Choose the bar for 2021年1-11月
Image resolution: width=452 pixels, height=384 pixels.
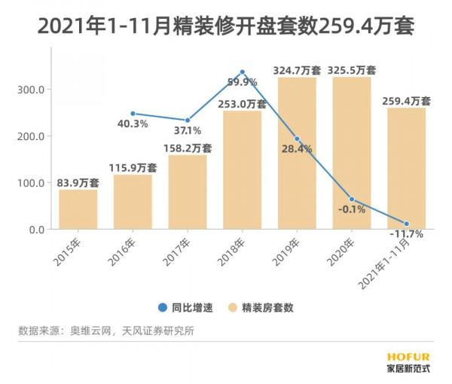406,169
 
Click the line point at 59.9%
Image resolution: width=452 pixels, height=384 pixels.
242,72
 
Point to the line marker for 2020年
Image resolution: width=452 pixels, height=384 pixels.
351,200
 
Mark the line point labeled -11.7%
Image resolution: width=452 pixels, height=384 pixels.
406,224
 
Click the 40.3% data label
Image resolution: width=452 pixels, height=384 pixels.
133,124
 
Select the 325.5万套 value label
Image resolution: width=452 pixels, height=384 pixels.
351,70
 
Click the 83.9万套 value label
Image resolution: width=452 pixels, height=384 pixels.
78,183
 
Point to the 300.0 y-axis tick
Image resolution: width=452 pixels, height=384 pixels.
32,89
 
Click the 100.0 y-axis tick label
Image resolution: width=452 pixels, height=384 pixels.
32,182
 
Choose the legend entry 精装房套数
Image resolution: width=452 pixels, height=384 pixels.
262,307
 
